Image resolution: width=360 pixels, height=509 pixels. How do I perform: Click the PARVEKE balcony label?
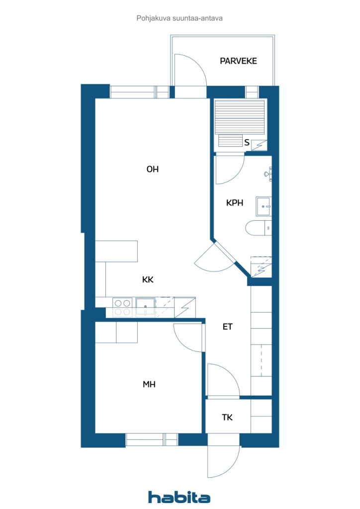[x=238, y=61]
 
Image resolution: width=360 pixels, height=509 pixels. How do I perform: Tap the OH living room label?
[x=153, y=169]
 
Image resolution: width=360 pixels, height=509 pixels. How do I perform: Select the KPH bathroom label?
[x=234, y=203]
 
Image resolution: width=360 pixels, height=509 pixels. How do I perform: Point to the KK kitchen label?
[x=148, y=279]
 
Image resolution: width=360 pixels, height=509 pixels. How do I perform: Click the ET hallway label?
[x=228, y=327]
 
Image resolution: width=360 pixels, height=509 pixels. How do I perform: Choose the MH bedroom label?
[x=149, y=384]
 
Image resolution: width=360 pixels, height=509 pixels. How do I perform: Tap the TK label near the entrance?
[x=227, y=418]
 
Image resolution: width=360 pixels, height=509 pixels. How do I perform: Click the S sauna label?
[x=247, y=143]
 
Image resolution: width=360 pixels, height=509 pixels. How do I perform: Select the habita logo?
[x=179, y=497]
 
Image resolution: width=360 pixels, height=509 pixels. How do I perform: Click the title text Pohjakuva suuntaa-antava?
[x=180, y=18]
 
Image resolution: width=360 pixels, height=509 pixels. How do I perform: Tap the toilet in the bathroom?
[x=259, y=228]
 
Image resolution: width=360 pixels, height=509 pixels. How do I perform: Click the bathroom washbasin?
[x=264, y=206]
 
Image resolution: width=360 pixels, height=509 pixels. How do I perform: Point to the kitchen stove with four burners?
[x=122, y=307]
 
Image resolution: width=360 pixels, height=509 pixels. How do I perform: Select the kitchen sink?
[x=145, y=307]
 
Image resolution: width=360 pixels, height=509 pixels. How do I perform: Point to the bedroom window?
[x=152, y=440]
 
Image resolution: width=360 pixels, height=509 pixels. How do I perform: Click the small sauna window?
[x=252, y=92]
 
